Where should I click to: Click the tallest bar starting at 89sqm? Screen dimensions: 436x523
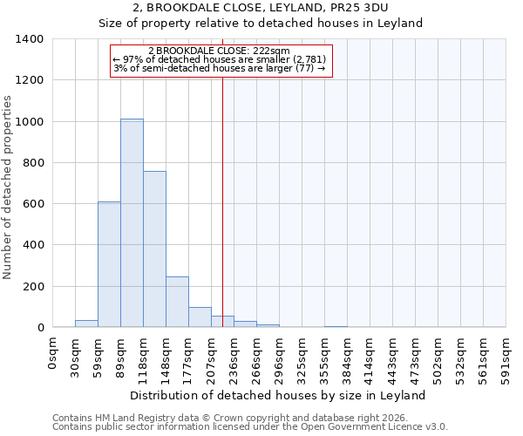pos(132,223)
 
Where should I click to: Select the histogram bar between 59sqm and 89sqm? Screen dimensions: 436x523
pos(109,264)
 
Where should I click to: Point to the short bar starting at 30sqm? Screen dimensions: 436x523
pos(86,324)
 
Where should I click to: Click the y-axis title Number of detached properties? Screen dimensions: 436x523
pos(8,184)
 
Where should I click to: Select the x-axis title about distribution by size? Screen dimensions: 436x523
pos(279,395)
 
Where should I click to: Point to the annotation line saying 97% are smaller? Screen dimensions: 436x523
pos(222,59)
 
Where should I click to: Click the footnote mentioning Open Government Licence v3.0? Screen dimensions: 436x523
pos(250,426)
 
